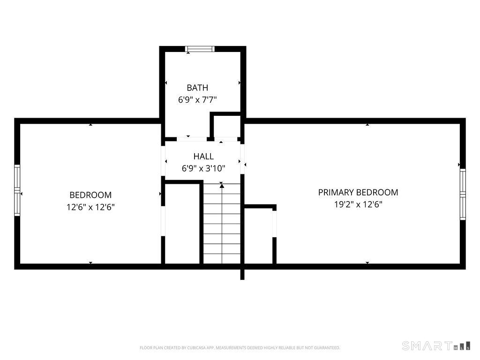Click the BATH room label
(197, 88)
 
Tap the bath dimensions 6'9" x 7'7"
(197, 100)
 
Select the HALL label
(203, 157)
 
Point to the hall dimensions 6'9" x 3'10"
(203, 168)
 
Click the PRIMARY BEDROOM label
(358, 192)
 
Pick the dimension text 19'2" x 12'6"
(358, 204)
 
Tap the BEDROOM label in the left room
(90, 195)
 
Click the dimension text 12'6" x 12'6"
(90, 207)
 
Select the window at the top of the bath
(200, 49)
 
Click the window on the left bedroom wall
(17, 190)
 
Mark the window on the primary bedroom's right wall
(463, 194)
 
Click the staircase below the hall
(222, 223)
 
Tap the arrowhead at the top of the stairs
(222, 186)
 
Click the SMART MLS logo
(436, 345)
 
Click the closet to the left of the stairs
(182, 224)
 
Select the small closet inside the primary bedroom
(259, 236)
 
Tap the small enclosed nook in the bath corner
(226, 127)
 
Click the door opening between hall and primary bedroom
(242, 159)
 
